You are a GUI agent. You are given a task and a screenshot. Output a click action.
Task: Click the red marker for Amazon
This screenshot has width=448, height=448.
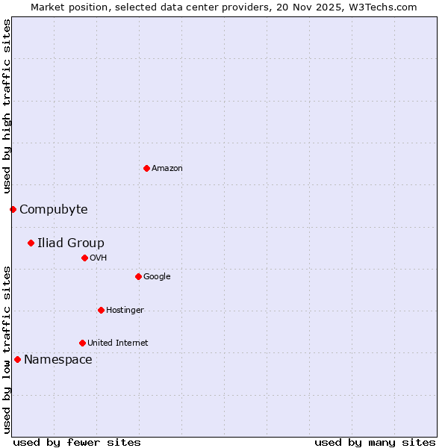pyautogui.click(x=146, y=168)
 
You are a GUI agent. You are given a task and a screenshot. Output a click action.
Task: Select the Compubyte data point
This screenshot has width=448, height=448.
pyautogui.click(x=13, y=209)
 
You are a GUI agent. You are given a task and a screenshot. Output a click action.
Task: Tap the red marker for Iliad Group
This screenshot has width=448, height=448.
pyautogui.click(x=31, y=243)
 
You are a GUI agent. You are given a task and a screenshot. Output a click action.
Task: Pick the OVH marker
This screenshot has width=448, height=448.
pyautogui.click(x=84, y=258)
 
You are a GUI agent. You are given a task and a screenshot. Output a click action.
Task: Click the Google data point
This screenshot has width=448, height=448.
pyautogui.click(x=138, y=276)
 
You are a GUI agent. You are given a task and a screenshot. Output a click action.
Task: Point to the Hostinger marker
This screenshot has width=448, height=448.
pyautogui.click(x=101, y=310)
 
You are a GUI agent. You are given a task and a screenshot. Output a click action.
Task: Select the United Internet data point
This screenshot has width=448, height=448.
pyautogui.click(x=82, y=343)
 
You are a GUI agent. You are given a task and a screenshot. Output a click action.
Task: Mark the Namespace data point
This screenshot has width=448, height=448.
pyautogui.click(x=17, y=359)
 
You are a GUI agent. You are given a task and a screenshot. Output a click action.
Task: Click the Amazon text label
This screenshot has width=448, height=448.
pyautogui.click(x=167, y=168)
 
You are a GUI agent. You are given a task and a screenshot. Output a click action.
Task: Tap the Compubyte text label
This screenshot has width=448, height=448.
pyautogui.click(x=53, y=209)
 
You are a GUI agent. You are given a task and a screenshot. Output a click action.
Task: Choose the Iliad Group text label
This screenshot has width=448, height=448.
pyautogui.click(x=71, y=243)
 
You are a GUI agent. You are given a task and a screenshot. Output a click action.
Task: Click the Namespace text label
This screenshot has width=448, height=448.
pyautogui.click(x=58, y=359)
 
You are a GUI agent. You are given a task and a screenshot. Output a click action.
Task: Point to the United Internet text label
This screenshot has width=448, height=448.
pyautogui.click(x=118, y=343)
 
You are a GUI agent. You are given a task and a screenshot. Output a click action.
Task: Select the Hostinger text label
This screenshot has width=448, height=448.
pyautogui.click(x=125, y=310)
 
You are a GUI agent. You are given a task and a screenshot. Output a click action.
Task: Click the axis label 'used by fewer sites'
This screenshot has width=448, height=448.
pyautogui.click(x=77, y=442)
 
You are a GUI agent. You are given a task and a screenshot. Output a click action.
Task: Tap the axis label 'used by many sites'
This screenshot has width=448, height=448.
pyautogui.click(x=375, y=442)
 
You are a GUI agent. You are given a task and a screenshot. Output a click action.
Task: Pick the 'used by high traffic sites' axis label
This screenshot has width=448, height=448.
pyautogui.click(x=7, y=106)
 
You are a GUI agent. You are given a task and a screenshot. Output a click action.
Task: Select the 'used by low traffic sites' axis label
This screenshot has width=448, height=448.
pyautogui.click(x=7, y=349)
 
